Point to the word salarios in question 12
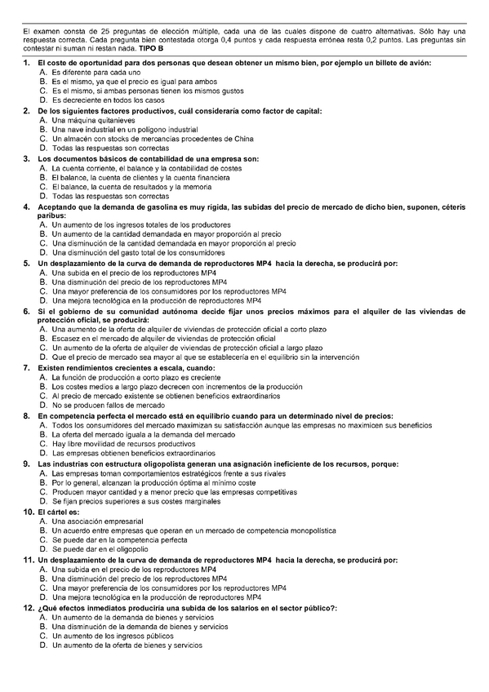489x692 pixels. click(x=206, y=608)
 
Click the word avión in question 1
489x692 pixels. click(x=421, y=63)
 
